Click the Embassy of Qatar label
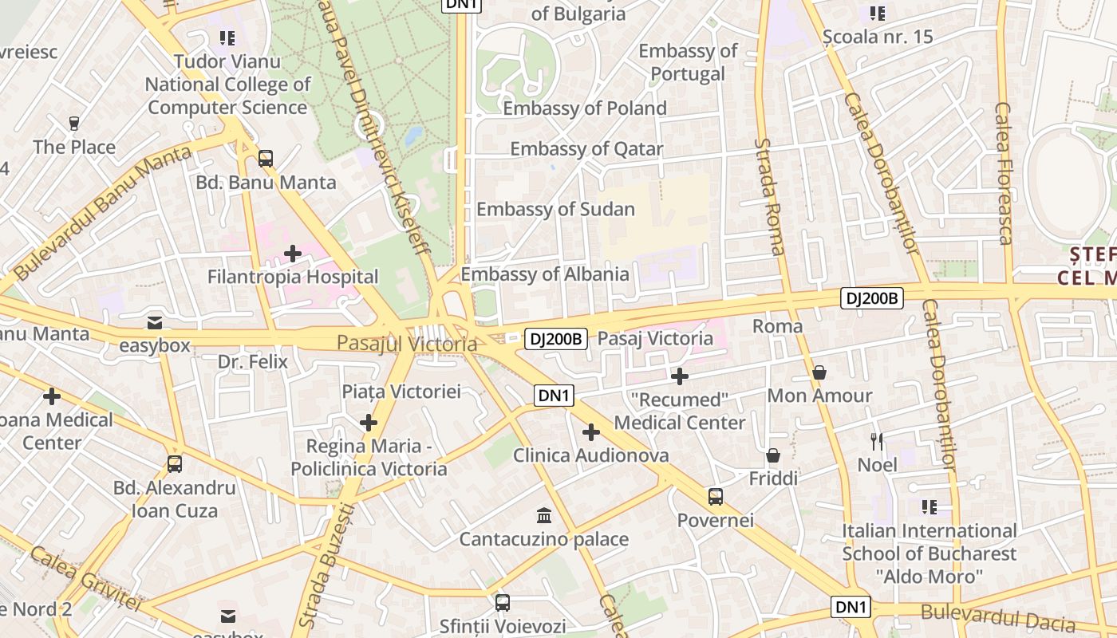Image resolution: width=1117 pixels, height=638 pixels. pyautogui.click(x=586, y=149)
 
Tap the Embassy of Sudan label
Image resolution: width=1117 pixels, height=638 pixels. pyautogui.click(x=555, y=210)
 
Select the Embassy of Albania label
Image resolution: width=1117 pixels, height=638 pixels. pyautogui.click(x=545, y=274)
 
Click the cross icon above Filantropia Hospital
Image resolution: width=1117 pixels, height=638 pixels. pyautogui.click(x=293, y=254)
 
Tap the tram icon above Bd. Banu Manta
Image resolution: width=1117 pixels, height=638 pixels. pyautogui.click(x=266, y=159)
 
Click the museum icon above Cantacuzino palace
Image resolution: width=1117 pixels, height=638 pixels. pyautogui.click(x=544, y=514)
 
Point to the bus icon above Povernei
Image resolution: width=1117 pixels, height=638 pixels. pyautogui.click(x=716, y=497)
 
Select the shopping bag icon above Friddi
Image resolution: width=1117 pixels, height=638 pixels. pyautogui.click(x=773, y=455)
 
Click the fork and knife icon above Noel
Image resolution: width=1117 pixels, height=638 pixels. pyautogui.click(x=877, y=441)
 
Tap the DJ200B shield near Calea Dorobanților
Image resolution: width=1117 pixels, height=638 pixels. pyautogui.click(x=872, y=299)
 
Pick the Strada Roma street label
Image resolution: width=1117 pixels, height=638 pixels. pyautogui.click(x=770, y=196)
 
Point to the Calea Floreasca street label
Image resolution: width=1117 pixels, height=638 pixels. pyautogui.click(x=1003, y=173)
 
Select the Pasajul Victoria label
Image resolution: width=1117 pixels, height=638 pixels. pyautogui.click(x=406, y=344)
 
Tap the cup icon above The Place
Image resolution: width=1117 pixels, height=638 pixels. pyautogui.click(x=74, y=123)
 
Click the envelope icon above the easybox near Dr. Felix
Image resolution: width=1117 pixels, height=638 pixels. pyautogui.click(x=155, y=322)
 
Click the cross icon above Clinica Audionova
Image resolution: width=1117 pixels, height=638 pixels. pyautogui.click(x=590, y=432)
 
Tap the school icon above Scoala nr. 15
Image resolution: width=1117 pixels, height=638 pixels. pyautogui.click(x=878, y=13)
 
